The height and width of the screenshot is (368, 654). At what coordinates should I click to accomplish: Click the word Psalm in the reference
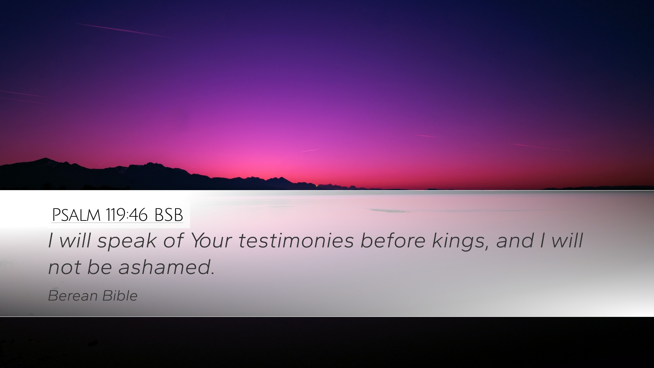76,215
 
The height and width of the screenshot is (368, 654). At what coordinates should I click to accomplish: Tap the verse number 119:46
127,215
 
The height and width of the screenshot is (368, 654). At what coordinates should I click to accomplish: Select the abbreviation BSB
169,215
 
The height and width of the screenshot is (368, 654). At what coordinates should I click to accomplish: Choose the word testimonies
296,241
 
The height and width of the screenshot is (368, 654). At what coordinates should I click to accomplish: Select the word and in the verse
515,241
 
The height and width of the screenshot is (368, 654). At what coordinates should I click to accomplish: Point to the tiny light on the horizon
317,185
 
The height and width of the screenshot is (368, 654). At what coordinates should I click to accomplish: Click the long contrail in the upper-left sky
121,30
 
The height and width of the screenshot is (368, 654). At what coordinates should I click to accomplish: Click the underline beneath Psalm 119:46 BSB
117,223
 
